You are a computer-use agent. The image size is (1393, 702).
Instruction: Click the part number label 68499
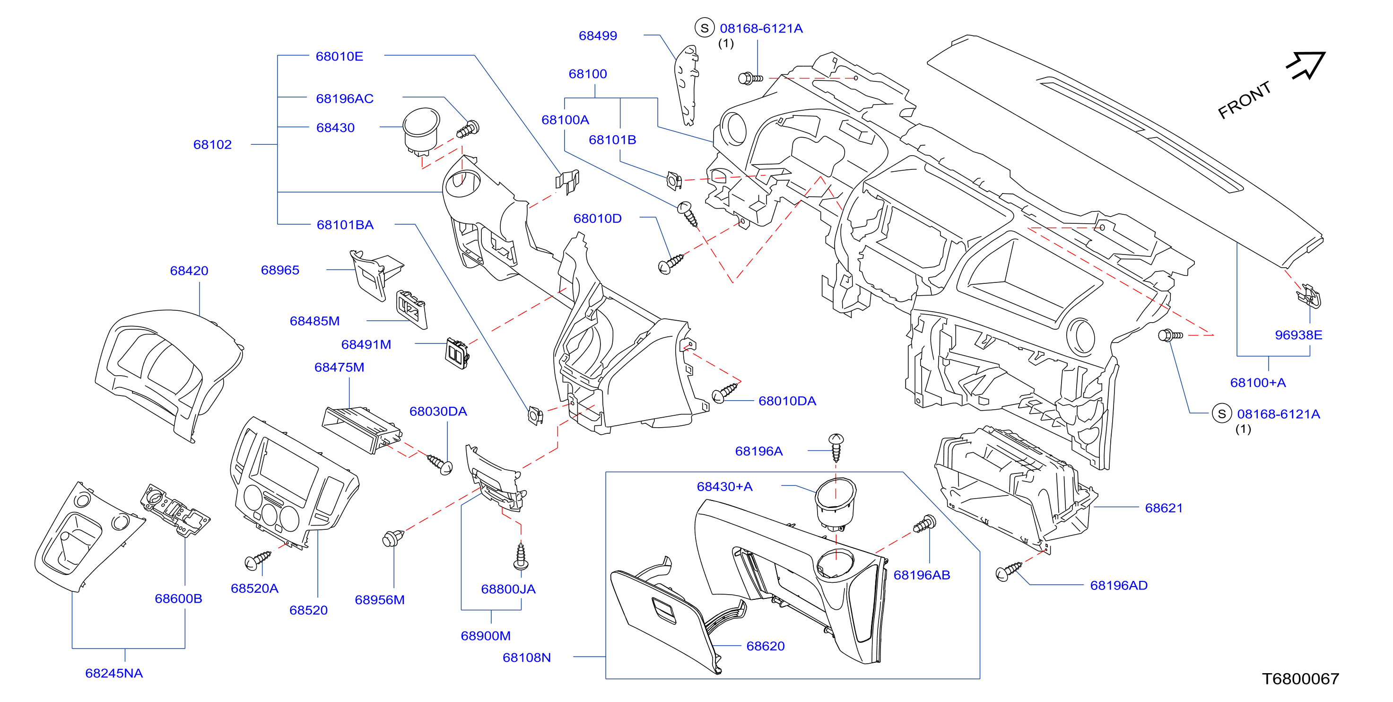(598, 35)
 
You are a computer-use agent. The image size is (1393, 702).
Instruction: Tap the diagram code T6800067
(1300, 679)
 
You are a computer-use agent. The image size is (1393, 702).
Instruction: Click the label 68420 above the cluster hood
(189, 271)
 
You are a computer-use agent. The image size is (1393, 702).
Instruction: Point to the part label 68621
(1164, 508)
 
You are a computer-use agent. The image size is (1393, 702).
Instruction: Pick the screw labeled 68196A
(836, 448)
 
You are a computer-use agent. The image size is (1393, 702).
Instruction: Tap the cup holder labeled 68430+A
(836, 503)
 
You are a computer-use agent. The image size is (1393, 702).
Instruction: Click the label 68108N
(527, 658)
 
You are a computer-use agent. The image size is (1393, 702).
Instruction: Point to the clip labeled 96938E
(1309, 295)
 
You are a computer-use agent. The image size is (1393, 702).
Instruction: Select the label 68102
(212, 144)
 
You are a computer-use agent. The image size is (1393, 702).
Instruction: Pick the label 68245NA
(114, 673)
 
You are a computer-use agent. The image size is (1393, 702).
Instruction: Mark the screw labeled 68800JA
(521, 555)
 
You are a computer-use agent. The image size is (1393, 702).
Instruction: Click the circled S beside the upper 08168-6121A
(704, 28)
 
